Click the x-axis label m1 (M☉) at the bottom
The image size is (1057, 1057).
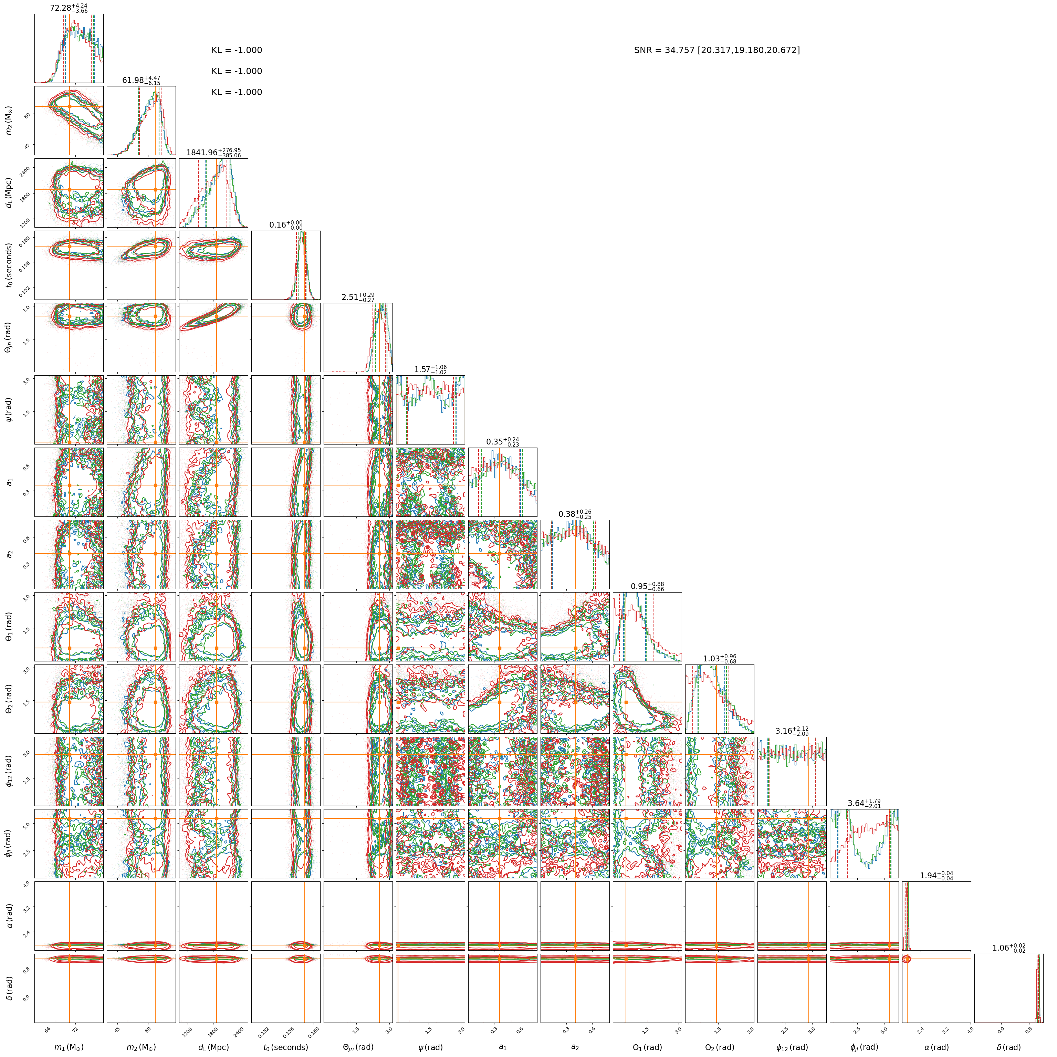[x=69, y=1047]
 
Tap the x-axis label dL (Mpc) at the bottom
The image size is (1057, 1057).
[x=213, y=1047]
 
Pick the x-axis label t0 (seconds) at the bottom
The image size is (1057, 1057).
[x=285, y=1047]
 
